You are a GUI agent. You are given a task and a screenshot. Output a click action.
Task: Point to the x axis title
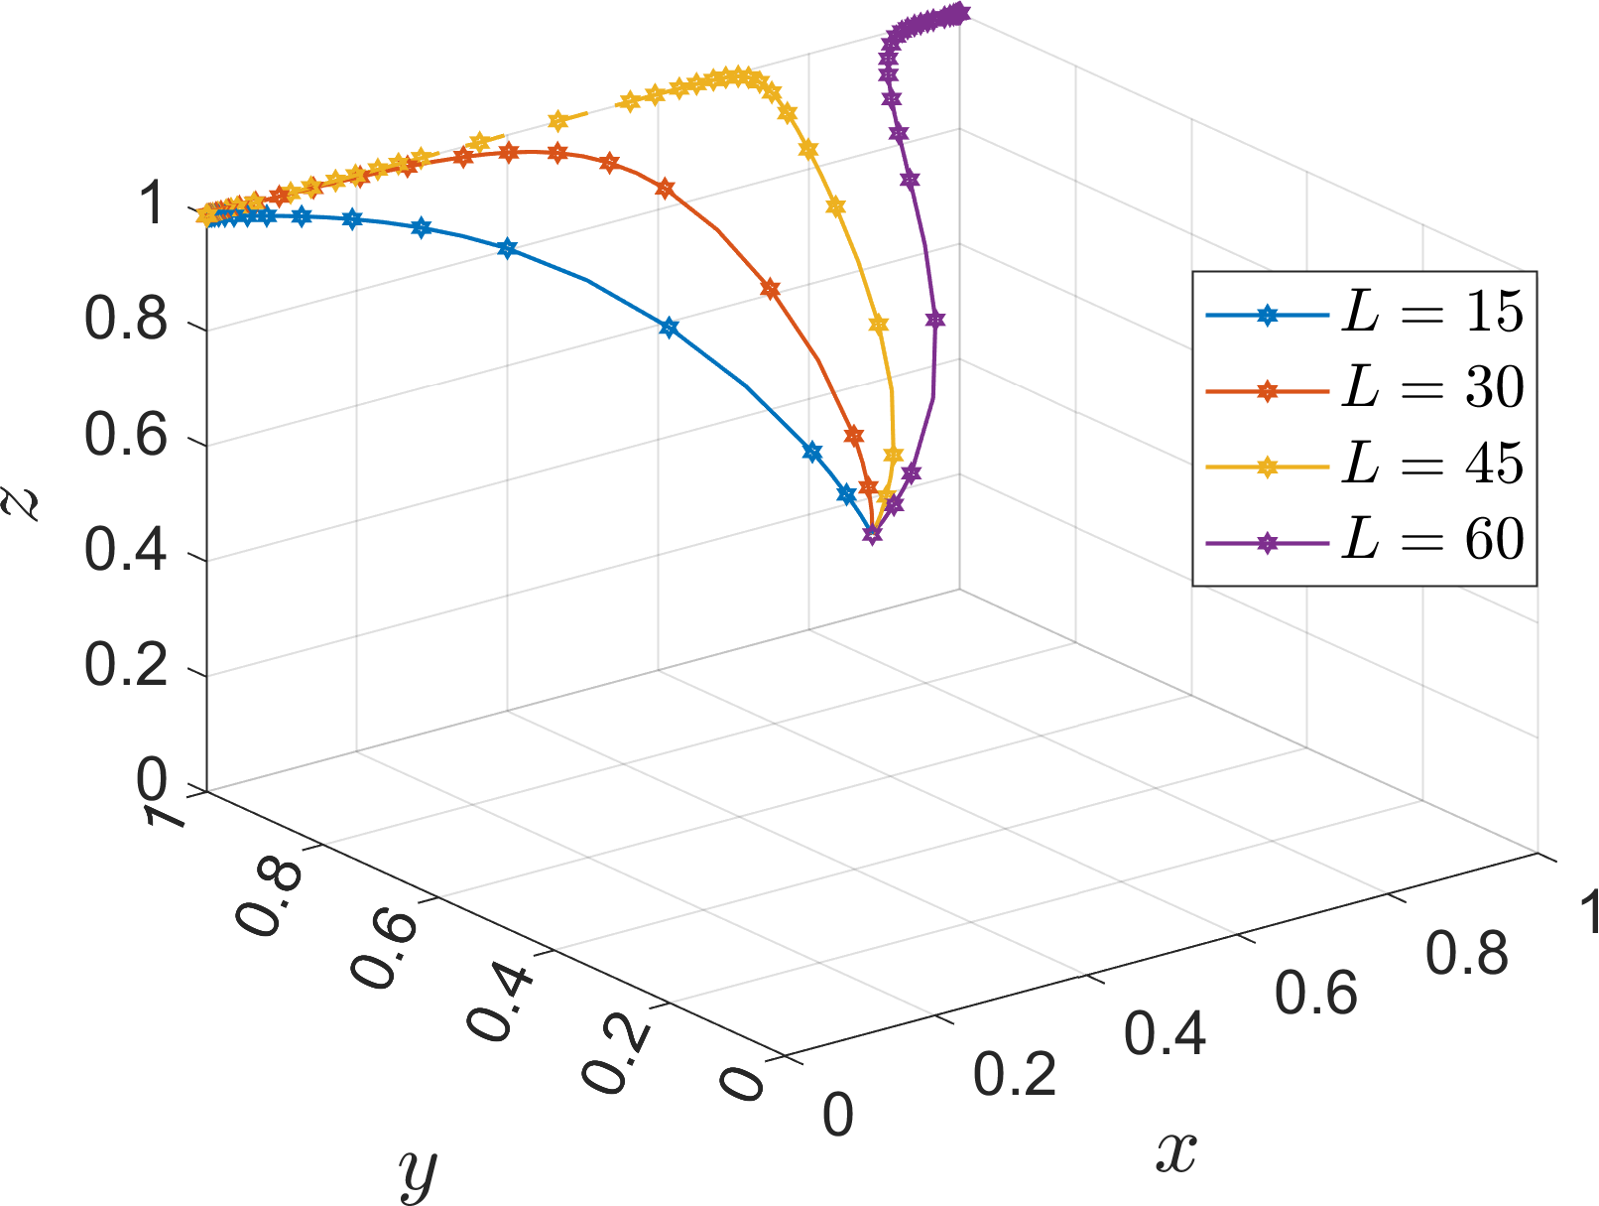[1176, 1151]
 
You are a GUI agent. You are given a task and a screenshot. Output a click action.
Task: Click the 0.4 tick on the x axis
[1166, 1033]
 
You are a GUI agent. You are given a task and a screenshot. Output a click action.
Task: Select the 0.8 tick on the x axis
[1466, 954]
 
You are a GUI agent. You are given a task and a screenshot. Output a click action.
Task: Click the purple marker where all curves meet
[873, 534]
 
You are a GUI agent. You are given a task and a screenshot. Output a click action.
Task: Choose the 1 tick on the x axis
[1587, 911]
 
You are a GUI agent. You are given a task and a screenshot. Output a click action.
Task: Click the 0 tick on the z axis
[154, 782]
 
